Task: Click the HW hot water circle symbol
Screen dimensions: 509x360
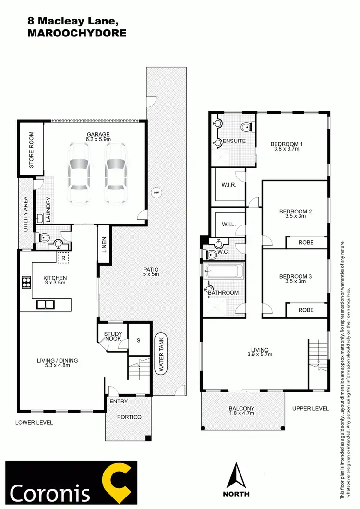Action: [x=156, y=193]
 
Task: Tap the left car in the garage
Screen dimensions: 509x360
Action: [x=79, y=173]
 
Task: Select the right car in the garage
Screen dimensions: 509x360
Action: [x=116, y=173]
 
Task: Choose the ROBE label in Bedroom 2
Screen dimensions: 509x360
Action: [x=306, y=243]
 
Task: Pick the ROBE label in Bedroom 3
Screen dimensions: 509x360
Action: [x=306, y=310]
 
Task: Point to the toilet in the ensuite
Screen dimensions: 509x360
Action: [x=245, y=127]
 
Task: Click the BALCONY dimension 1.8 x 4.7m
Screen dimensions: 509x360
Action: [x=242, y=414]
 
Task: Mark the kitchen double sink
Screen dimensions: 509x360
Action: [x=46, y=304]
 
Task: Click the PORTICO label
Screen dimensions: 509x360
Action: [x=129, y=417]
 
